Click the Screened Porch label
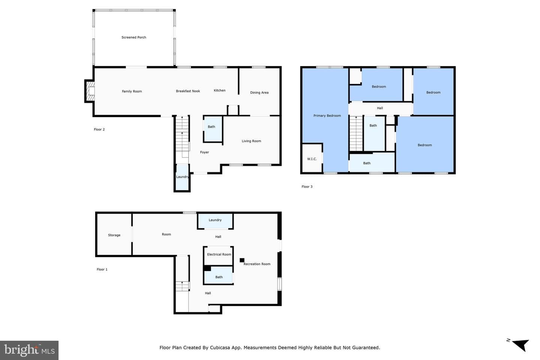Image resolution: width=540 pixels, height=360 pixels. click(133, 37)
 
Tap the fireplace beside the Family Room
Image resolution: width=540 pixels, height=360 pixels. click(90, 91)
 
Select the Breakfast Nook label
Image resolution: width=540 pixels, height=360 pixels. click(188, 91)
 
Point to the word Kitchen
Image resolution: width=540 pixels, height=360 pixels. click(219, 90)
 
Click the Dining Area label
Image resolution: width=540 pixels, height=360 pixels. click(259, 93)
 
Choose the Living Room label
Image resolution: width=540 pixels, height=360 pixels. click(251, 141)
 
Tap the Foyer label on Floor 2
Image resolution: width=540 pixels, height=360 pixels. click(204, 152)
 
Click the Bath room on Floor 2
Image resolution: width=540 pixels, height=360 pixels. click(213, 129)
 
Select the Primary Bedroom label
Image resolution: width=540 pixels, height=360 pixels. click(327, 116)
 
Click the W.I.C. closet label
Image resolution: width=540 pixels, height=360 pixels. click(312, 159)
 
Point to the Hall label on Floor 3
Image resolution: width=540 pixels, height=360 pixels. click(379, 108)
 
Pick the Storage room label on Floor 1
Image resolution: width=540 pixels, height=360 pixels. click(114, 235)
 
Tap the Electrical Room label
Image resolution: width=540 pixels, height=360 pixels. click(219, 254)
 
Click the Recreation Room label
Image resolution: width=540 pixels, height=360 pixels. click(257, 264)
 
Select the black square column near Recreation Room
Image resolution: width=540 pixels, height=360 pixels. click(242, 260)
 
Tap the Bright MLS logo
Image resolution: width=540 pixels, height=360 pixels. click(29, 350)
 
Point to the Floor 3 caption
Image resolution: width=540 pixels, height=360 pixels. click(307, 187)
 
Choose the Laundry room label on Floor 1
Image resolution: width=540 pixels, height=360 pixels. click(215, 220)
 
